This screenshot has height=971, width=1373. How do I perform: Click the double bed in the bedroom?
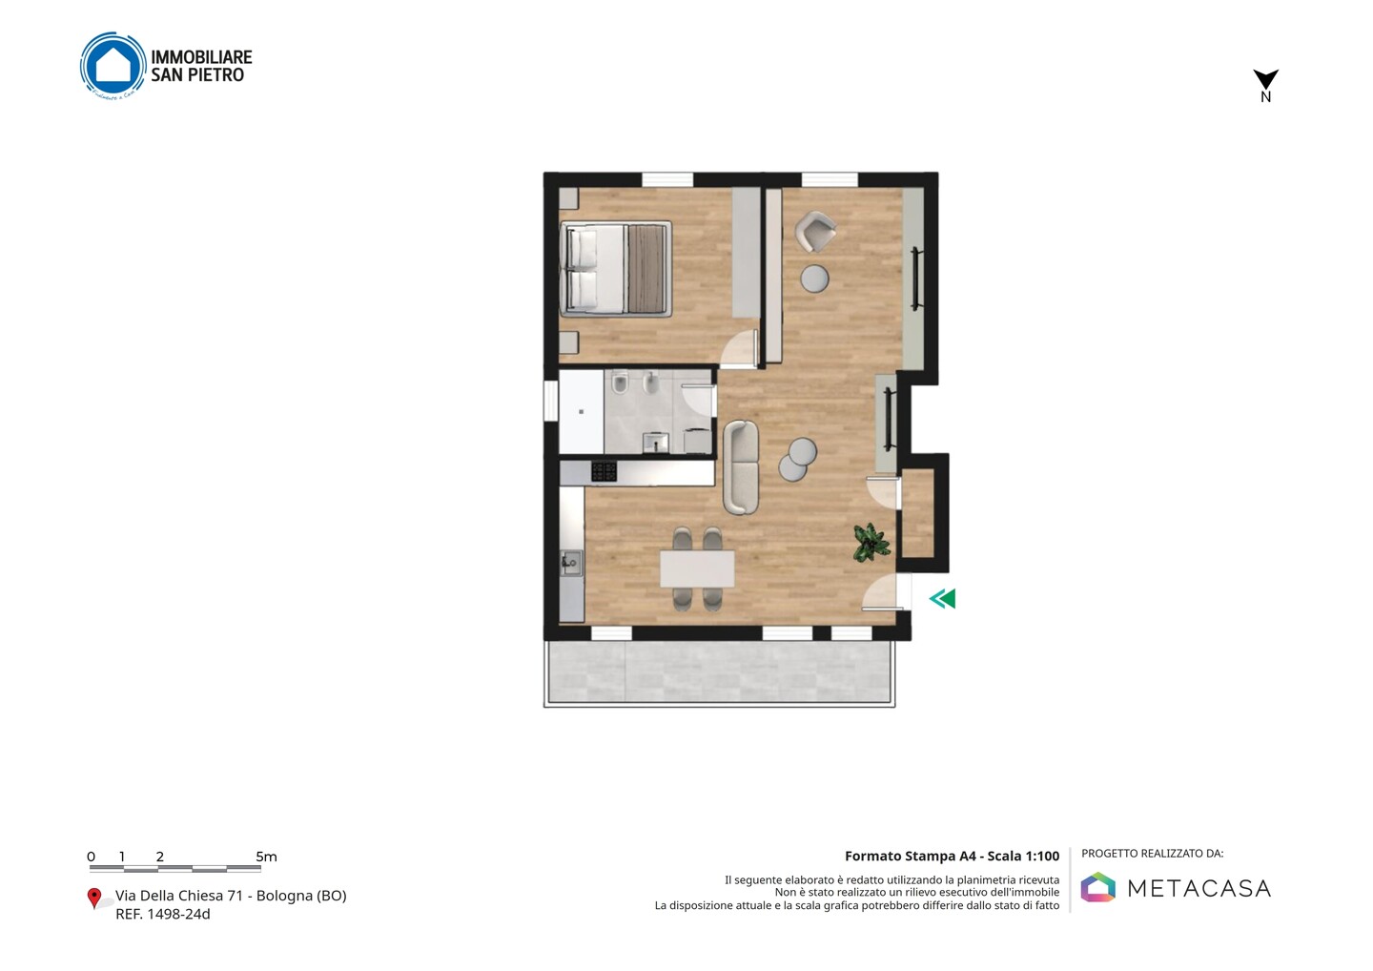coord(615,268)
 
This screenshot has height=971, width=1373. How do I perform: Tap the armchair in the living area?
coord(814,231)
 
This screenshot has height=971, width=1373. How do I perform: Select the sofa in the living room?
coord(741,467)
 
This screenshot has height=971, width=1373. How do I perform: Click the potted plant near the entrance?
coord(871,542)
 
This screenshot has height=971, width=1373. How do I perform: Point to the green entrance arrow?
coord(942,598)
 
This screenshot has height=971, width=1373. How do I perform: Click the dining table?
coord(697,568)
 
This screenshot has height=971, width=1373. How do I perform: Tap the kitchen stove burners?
coord(604,471)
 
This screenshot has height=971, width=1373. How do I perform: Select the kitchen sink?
coord(570,564)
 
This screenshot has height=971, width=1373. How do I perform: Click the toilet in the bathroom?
coord(620,382)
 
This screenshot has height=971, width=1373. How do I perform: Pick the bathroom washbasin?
coord(655,442)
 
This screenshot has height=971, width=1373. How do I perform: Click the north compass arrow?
coord(1265,79)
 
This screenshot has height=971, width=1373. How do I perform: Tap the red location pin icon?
coord(93,899)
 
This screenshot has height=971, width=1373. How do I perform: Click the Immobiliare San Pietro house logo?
coord(113,65)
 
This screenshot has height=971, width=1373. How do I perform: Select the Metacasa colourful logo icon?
coord(1097,887)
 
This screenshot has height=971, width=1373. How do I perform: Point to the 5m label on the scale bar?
coord(266,857)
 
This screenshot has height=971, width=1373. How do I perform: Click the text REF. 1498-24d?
coord(163,914)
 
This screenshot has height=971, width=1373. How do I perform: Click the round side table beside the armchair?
coord(814,279)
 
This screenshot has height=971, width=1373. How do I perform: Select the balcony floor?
coord(719,671)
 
